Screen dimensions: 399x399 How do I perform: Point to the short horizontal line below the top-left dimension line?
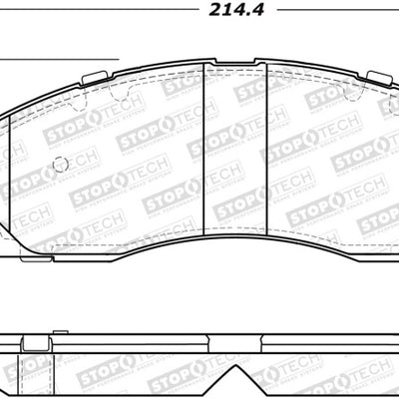(60, 59)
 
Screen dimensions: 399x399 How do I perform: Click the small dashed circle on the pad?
(60, 165)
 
